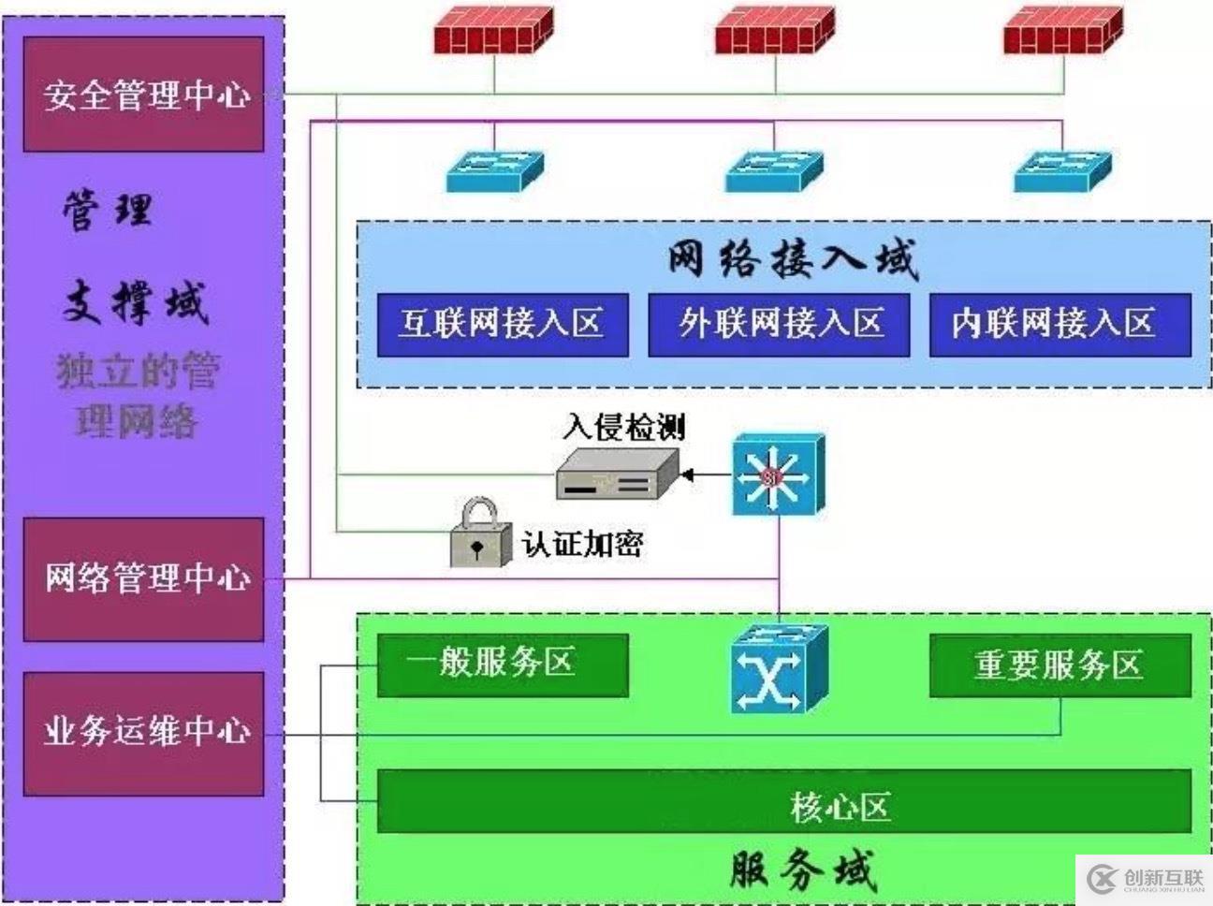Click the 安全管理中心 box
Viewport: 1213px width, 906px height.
pos(143,95)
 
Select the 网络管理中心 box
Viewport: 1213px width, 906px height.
pos(143,579)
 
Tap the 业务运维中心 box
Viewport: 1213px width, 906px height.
pos(143,733)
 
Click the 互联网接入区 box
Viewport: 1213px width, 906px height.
pos(502,325)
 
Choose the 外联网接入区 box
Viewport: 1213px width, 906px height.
pos(779,325)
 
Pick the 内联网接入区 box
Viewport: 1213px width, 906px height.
pos(1060,325)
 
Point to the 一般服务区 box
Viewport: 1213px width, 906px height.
pos(502,665)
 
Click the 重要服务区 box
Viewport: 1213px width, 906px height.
pos(1060,665)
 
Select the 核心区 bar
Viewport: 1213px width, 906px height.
pos(784,801)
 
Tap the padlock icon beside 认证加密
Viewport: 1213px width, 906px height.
pos(480,533)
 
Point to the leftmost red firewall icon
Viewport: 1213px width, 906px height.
pos(493,32)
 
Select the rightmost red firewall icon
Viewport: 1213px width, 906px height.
pos(1062,32)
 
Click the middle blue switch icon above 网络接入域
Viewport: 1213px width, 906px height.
pos(774,170)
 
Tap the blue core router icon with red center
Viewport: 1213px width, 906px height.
pos(778,475)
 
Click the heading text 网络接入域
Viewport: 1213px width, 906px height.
pos(792,259)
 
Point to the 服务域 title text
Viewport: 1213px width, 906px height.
pos(803,870)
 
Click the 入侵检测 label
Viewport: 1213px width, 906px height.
pos(624,427)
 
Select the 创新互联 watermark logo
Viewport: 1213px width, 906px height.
pos(1146,879)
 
